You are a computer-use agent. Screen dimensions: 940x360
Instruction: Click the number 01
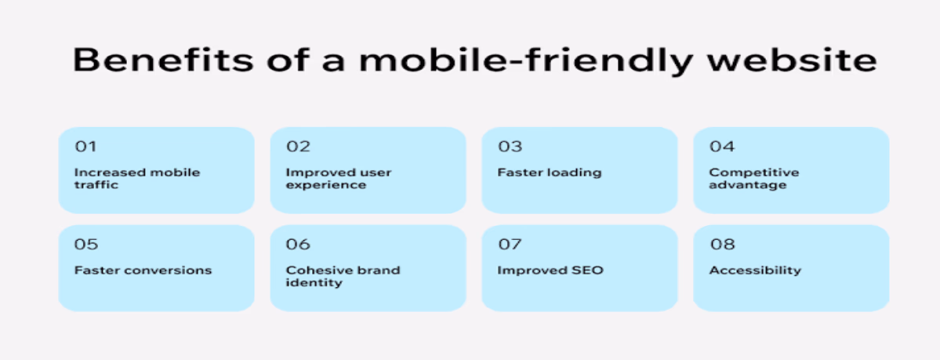[x=85, y=147]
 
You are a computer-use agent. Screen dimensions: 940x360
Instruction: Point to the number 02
[x=298, y=147]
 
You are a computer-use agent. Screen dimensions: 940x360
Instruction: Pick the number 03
[x=510, y=147]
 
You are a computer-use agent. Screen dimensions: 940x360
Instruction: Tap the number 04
[x=722, y=147]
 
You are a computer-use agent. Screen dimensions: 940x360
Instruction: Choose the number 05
[x=86, y=244]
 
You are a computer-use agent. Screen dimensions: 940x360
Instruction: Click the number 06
[x=299, y=244]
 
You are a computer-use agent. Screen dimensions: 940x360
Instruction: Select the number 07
[x=510, y=244]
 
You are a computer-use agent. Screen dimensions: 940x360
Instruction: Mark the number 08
[x=722, y=244]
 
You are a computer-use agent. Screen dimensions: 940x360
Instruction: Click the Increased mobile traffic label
[x=137, y=179]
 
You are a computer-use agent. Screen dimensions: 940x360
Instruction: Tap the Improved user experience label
[x=339, y=179]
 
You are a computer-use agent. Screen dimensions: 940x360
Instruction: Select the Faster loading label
[x=549, y=173]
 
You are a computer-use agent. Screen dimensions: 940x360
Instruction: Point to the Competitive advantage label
[x=754, y=179]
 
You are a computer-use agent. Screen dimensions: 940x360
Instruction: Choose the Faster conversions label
[x=143, y=271]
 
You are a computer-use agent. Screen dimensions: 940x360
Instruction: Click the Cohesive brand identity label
[x=343, y=277]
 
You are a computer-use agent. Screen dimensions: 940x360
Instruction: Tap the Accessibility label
[x=755, y=271]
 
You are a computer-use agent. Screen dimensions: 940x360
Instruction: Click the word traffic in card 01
[x=96, y=185]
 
